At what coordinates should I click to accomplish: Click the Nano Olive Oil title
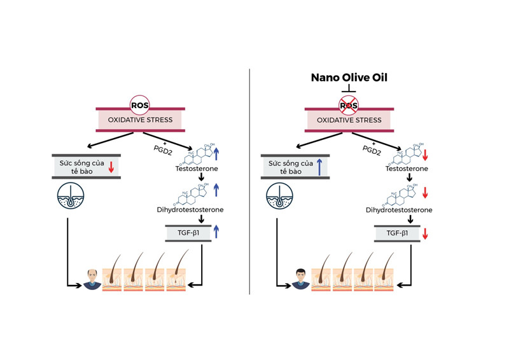(349, 78)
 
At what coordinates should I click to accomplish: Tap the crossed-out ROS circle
(349, 104)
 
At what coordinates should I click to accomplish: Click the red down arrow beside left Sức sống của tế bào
(111, 167)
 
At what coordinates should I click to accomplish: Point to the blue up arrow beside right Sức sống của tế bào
(319, 167)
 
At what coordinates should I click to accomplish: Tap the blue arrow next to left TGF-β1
(216, 232)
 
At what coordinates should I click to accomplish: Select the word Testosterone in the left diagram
(197, 169)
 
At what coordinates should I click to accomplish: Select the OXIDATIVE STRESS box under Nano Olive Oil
(349, 120)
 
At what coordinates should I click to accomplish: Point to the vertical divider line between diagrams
(249, 178)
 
